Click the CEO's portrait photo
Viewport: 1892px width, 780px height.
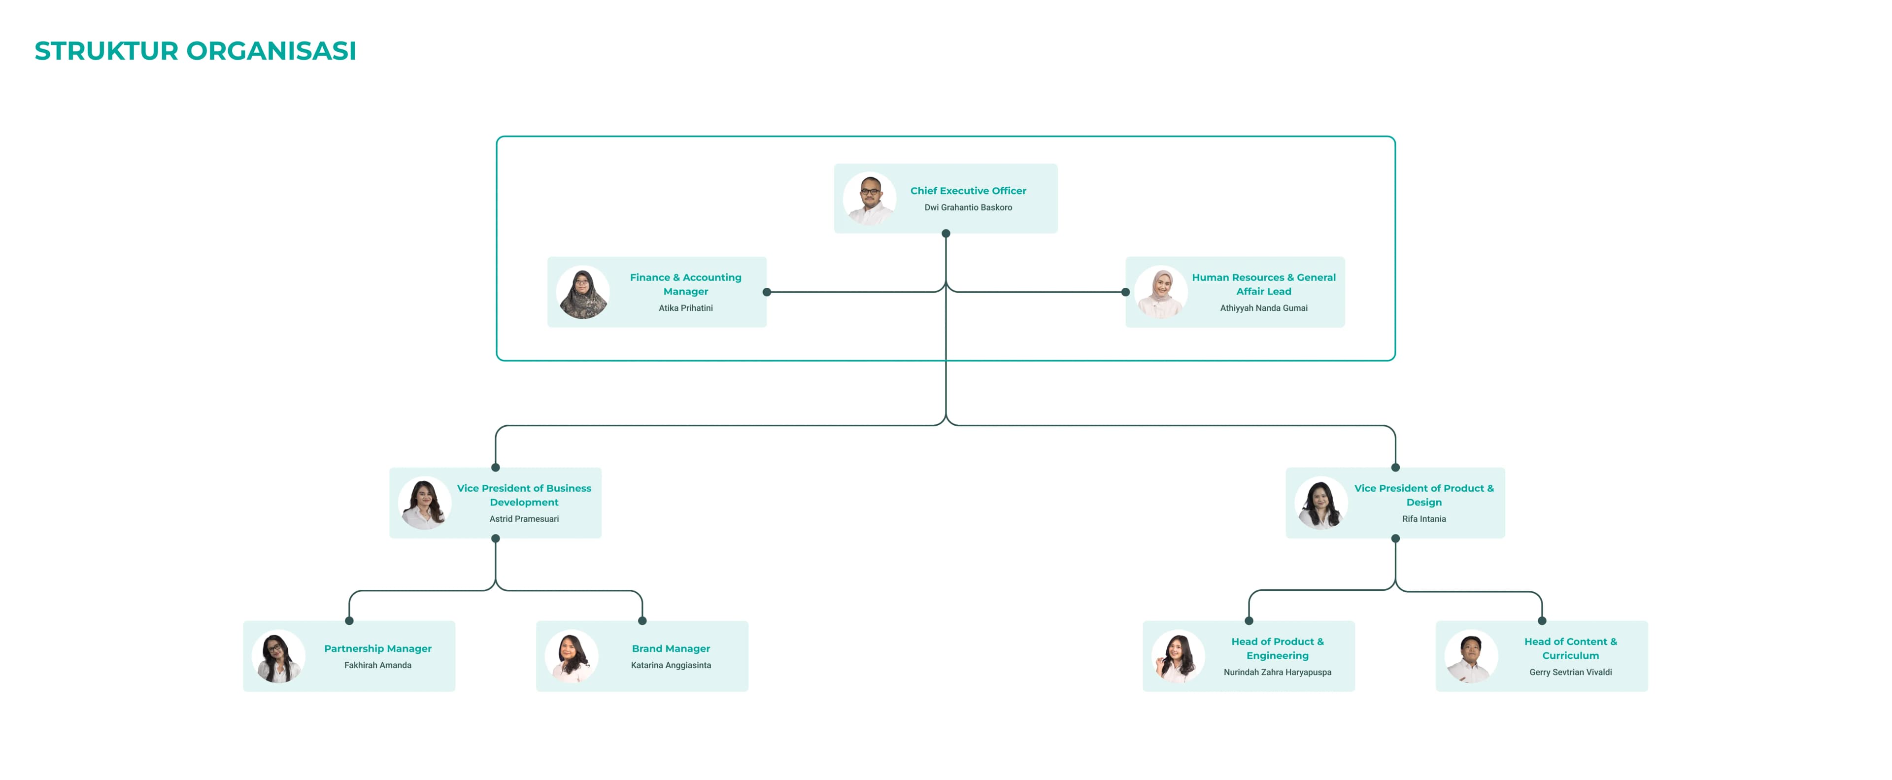click(x=870, y=198)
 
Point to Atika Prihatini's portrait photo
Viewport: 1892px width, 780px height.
click(x=583, y=292)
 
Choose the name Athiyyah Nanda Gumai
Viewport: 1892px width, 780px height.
click(x=1263, y=308)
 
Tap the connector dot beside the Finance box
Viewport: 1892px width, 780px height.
click(x=767, y=292)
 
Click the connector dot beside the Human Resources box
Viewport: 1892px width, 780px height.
click(x=1125, y=292)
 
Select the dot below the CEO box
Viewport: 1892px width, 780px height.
click(x=946, y=234)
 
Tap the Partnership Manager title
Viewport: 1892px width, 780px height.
click(x=377, y=648)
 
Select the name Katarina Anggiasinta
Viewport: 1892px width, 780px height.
click(x=671, y=665)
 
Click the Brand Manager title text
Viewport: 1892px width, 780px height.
click(x=671, y=648)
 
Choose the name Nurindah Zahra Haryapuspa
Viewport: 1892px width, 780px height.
click(x=1277, y=673)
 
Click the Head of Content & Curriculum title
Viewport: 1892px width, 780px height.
click(x=1570, y=648)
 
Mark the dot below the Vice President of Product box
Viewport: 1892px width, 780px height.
click(x=1395, y=539)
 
